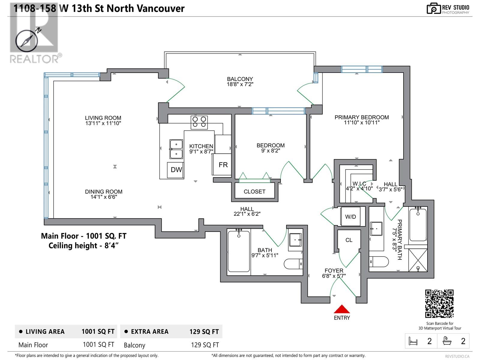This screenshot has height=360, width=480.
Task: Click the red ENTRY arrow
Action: [x=342, y=309]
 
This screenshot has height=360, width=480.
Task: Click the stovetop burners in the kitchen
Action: [x=199, y=122]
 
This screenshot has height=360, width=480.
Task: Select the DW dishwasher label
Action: [x=176, y=169]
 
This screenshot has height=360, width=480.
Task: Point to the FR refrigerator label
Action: [x=223, y=165]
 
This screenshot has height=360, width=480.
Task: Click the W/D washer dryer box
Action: [x=350, y=216]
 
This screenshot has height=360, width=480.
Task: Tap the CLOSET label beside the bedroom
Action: [x=254, y=192]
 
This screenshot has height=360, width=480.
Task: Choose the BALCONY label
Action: [x=240, y=79]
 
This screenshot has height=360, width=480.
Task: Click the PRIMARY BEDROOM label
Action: [x=362, y=117]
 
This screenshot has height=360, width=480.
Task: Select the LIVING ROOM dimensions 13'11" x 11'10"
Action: [x=103, y=123]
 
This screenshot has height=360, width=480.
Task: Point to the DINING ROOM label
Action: [x=104, y=192]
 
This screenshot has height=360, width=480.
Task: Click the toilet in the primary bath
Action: [x=379, y=262]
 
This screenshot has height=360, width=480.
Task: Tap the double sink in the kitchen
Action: [x=176, y=149]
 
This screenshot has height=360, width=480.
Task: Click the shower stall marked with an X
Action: [x=418, y=260]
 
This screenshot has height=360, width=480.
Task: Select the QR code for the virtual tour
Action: [x=439, y=303]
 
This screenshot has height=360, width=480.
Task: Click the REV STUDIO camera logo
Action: [x=433, y=8]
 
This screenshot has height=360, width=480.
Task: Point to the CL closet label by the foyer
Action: [x=349, y=240]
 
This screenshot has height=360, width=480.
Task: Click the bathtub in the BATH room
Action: [x=238, y=251]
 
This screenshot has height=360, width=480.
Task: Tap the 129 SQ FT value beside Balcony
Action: [x=205, y=345]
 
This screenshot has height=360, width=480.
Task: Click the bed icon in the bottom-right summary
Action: [x=413, y=341]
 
